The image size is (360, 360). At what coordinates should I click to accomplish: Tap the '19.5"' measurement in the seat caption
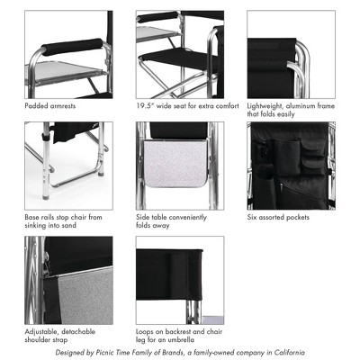click(147, 106)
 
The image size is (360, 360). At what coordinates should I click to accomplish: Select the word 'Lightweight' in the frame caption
click(267, 106)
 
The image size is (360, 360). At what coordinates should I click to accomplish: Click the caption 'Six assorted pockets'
click(279, 217)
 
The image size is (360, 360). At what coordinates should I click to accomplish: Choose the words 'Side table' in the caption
click(154, 217)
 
